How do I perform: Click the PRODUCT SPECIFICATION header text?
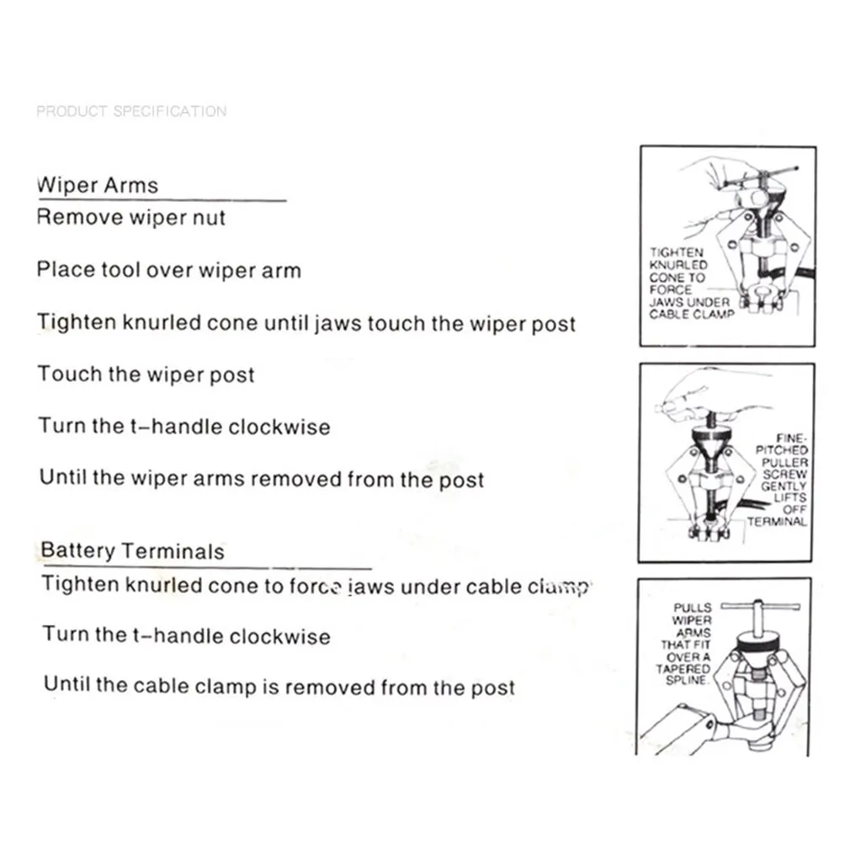pyautogui.click(x=131, y=111)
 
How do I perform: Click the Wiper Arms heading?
pyautogui.click(x=98, y=185)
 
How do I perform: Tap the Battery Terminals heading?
pyautogui.click(x=133, y=551)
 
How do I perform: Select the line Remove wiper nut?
pyautogui.click(x=131, y=218)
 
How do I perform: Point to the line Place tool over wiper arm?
pyautogui.click(x=168, y=270)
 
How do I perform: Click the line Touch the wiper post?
pyautogui.click(x=146, y=375)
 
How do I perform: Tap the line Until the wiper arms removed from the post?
pyautogui.click(x=262, y=480)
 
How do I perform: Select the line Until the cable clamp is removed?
pyautogui.click(x=279, y=687)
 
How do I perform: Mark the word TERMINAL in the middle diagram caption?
pyautogui.click(x=777, y=522)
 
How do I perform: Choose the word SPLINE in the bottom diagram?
pyautogui.click(x=684, y=681)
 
